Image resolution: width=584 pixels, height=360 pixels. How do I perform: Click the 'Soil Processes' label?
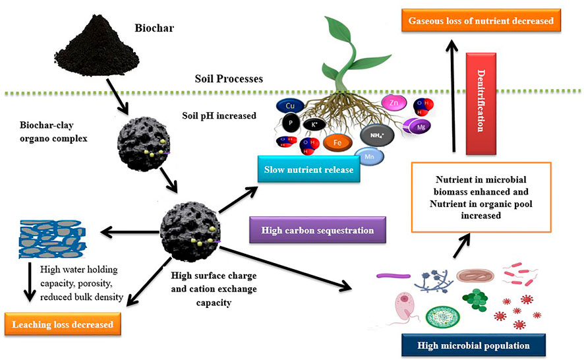point(229,78)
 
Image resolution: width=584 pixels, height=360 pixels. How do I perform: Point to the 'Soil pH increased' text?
point(219,116)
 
